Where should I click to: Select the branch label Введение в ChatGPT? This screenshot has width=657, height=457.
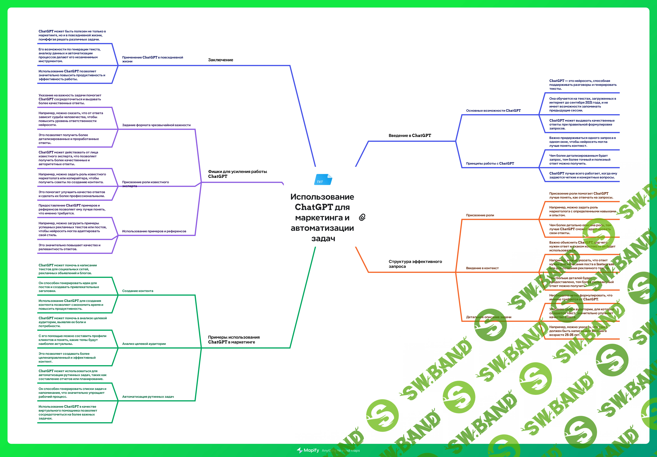pyautogui.click(x=409, y=135)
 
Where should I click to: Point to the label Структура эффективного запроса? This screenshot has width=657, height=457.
pyautogui.click(x=415, y=264)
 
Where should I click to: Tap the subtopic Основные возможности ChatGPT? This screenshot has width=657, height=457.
pyautogui.click(x=493, y=111)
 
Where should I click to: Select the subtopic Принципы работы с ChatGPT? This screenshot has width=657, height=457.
pyautogui.click(x=490, y=164)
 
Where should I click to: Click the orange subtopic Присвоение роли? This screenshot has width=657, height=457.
pyautogui.click(x=480, y=215)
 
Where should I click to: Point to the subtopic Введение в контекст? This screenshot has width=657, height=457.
pyautogui.click(x=482, y=268)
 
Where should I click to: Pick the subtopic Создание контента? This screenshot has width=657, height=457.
pyautogui.click(x=138, y=291)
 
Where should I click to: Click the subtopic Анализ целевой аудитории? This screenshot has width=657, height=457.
pyautogui.click(x=144, y=344)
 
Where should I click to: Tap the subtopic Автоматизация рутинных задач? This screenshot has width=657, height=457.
pyautogui.click(x=148, y=397)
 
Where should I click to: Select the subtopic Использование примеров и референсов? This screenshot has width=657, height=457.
pyautogui.click(x=154, y=231)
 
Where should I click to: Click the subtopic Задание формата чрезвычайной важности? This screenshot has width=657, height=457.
pyautogui.click(x=156, y=125)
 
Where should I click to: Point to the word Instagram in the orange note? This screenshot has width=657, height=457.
pyautogui.click(x=605, y=264)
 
